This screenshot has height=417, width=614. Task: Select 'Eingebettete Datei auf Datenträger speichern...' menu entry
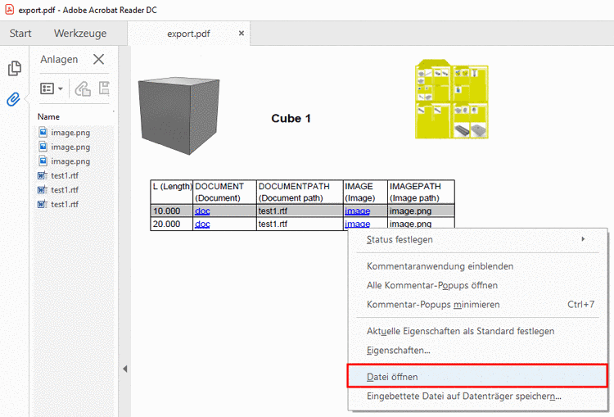pyautogui.click(x=463, y=397)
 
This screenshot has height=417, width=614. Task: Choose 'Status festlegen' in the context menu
pyautogui.click(x=400, y=239)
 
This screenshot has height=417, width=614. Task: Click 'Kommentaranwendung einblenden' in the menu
pyautogui.click(x=440, y=266)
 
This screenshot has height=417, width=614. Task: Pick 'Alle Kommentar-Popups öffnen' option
pyautogui.click(x=431, y=285)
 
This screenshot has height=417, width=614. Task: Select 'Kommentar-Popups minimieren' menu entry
pyautogui.click(x=433, y=304)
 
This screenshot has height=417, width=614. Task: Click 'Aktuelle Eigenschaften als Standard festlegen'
pyautogui.click(x=460, y=331)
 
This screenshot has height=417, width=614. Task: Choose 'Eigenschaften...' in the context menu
pyautogui.click(x=398, y=350)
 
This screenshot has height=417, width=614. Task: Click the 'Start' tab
pyautogui.click(x=20, y=34)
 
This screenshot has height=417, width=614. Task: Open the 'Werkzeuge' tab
pyautogui.click(x=80, y=34)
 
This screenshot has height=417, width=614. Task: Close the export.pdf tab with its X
pyautogui.click(x=242, y=34)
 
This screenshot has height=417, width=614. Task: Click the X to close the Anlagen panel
pyautogui.click(x=99, y=59)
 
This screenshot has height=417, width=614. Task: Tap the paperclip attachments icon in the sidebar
pyautogui.click(x=14, y=99)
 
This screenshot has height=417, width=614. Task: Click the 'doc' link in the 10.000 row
pyautogui.click(x=202, y=211)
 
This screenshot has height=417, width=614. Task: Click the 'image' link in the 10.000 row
pyautogui.click(x=357, y=211)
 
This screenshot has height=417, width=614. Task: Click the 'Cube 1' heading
pyautogui.click(x=291, y=119)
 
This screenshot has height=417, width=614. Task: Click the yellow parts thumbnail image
pyautogui.click(x=453, y=99)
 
